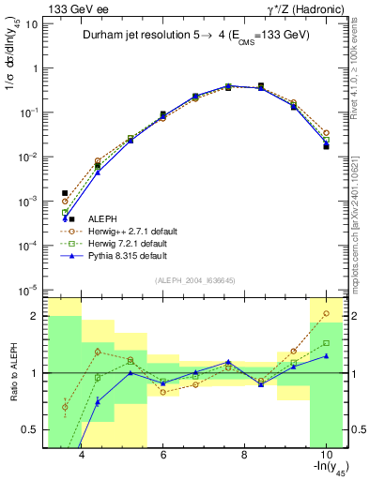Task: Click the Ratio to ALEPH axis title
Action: pyautogui.click(x=12, y=372)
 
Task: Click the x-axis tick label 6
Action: pyautogui.click(x=162, y=456)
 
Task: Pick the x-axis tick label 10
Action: pyautogui.click(x=325, y=456)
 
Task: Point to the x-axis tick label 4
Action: pyautogui.click(x=82, y=456)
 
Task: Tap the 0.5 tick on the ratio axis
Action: pyautogui.click(x=32, y=429)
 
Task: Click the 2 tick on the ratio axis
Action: pyautogui.click(x=36, y=315)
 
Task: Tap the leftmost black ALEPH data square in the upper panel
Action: pyautogui.click(x=65, y=193)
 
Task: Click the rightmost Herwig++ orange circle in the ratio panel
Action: pyautogui.click(x=326, y=313)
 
